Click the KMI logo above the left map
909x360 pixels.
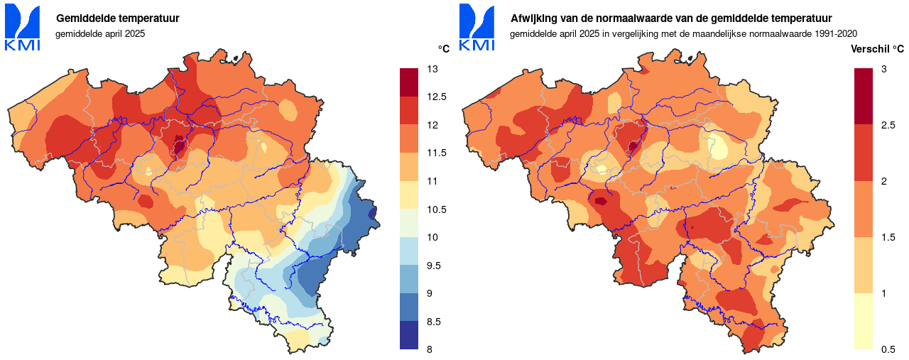(x=22, y=27)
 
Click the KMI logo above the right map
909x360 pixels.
(x=477, y=27)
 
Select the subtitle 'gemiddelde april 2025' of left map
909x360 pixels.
(x=100, y=33)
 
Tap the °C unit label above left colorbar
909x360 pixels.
(x=444, y=49)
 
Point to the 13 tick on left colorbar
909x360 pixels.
(x=431, y=69)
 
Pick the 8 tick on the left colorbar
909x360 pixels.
(x=430, y=349)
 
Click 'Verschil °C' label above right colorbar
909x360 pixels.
(x=878, y=49)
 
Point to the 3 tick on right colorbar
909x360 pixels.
(x=883, y=69)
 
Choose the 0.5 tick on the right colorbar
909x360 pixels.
(x=887, y=349)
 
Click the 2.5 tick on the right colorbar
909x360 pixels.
(x=887, y=125)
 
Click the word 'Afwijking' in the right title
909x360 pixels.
(x=533, y=18)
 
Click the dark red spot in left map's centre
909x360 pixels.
(x=179, y=147)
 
